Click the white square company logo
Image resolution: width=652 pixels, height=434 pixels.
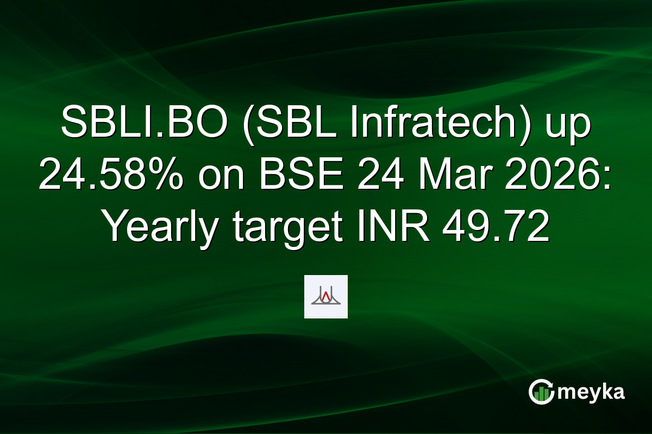click(x=325, y=297)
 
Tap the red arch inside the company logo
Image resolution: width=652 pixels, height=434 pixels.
click(x=325, y=296)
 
